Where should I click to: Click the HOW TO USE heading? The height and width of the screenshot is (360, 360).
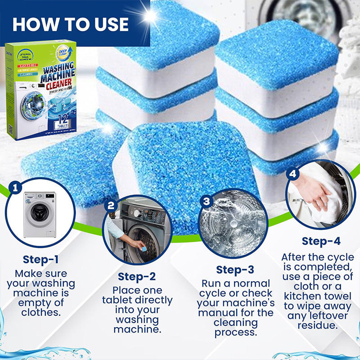[71, 24]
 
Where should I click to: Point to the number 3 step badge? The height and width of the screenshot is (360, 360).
[206, 201]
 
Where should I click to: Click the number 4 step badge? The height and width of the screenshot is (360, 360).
[293, 173]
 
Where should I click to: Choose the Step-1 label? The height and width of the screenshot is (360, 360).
[41, 260]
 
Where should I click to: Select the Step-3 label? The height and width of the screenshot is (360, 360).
[235, 270]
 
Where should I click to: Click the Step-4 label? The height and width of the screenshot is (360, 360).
[320, 241]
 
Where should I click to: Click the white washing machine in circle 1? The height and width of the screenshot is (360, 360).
[39, 215]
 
